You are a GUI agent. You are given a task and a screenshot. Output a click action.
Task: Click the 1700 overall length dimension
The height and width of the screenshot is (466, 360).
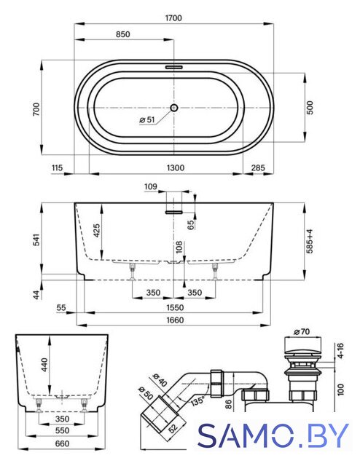[x=173, y=18]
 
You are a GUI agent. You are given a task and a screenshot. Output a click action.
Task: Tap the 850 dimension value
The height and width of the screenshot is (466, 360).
[x=123, y=34]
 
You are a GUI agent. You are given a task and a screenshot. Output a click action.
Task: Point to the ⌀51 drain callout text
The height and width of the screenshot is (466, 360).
[x=147, y=119]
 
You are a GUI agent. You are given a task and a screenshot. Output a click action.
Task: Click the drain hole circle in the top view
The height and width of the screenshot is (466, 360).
[x=174, y=108]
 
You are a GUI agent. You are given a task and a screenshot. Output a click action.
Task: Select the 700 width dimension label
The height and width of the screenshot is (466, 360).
[x=36, y=109]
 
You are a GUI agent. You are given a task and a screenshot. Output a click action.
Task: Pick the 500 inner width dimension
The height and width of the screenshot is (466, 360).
[x=310, y=108]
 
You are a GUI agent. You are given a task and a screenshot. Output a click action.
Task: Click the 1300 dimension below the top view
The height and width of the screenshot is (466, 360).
[x=175, y=168]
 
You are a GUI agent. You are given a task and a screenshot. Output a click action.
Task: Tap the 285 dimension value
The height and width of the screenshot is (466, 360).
[x=258, y=168]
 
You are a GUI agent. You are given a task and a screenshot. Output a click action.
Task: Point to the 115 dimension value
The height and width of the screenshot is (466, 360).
[x=57, y=168]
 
